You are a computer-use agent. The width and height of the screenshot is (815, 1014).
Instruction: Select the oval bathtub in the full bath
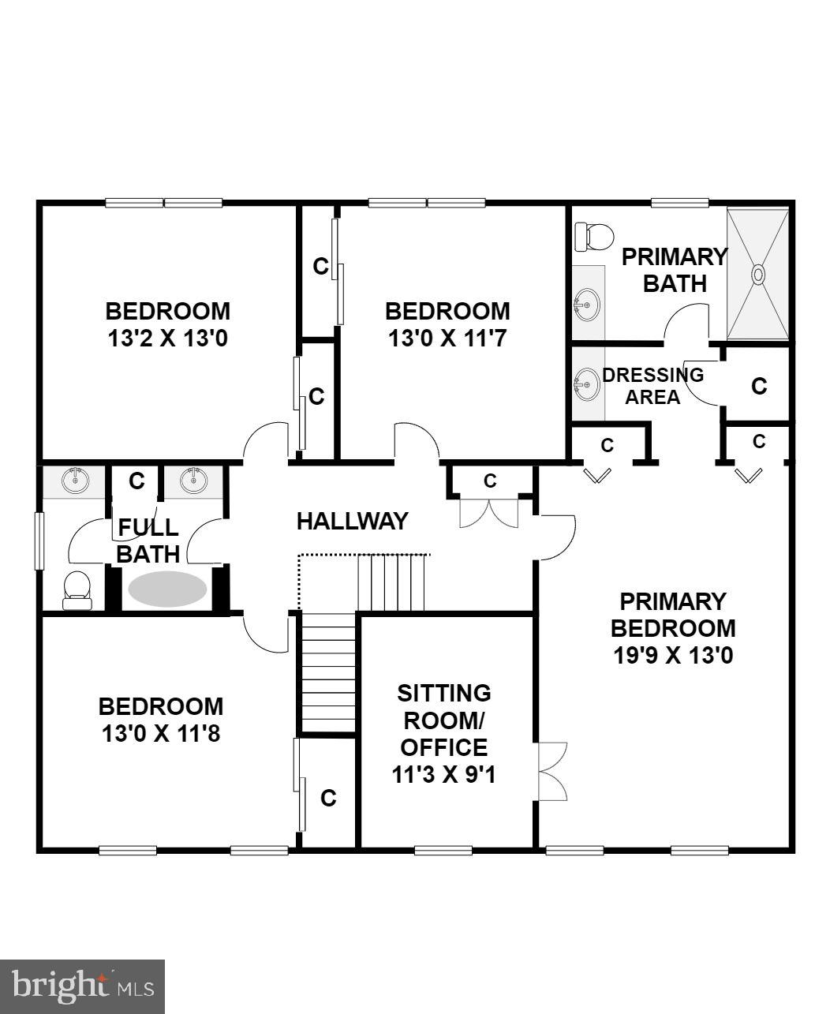pyautogui.click(x=167, y=589)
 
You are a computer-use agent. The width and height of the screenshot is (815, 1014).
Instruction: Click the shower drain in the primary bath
pyautogui.click(x=758, y=275)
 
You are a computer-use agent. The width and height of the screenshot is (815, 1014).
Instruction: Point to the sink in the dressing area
pyautogui.click(x=586, y=384)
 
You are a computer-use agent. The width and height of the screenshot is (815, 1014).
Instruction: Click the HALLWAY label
pyautogui.click(x=352, y=521)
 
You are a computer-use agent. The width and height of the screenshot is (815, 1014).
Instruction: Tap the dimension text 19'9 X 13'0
pyautogui.click(x=673, y=655)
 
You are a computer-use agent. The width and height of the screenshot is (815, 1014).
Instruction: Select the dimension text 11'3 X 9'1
pyautogui.click(x=443, y=774)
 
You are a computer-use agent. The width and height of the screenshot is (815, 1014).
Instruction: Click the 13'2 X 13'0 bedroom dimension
pyautogui.click(x=168, y=339)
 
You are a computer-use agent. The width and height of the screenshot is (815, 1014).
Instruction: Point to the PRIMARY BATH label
pyautogui.click(x=674, y=270)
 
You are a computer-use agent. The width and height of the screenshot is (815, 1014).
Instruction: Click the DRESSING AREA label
pyautogui.click(x=652, y=386)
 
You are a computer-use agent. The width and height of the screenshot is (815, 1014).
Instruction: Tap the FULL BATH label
pyautogui.click(x=148, y=540)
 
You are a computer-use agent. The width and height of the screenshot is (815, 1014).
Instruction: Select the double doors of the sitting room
pyautogui.click(x=551, y=772)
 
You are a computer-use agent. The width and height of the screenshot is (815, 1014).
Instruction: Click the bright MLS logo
pyautogui.click(x=82, y=986)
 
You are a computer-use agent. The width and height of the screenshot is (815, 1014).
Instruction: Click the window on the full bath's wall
pyautogui.click(x=39, y=541)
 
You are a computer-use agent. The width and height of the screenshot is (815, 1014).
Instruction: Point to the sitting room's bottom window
pyautogui.click(x=443, y=850)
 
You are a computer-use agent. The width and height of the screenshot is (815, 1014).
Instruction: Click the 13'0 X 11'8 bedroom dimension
pyautogui.click(x=160, y=734)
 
